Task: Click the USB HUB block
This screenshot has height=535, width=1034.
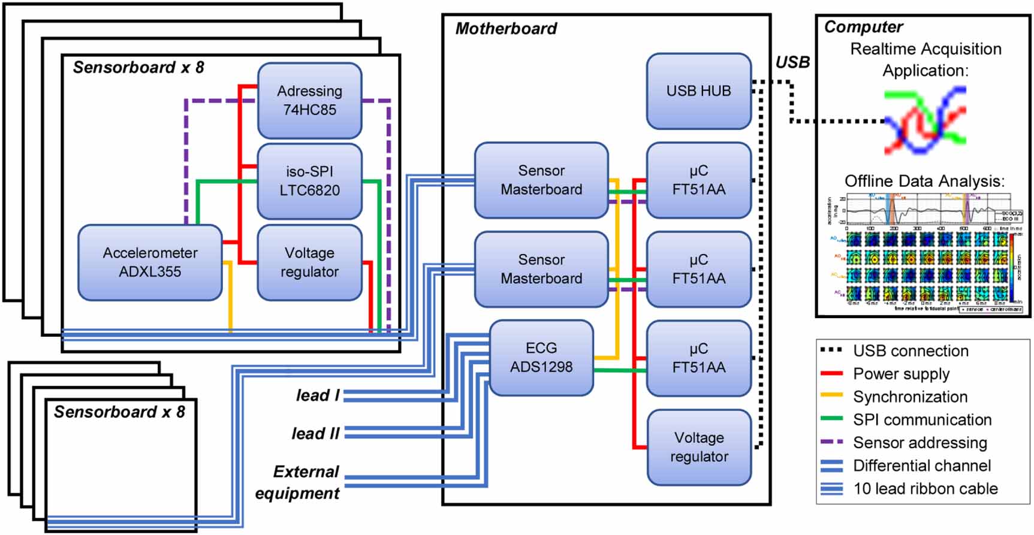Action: pos(698,91)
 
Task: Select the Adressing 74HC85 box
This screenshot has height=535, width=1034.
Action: pos(309,101)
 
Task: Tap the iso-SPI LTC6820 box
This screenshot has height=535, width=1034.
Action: pos(309,181)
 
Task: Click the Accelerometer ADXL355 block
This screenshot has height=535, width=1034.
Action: pos(150,262)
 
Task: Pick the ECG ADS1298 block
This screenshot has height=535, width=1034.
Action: pos(541,358)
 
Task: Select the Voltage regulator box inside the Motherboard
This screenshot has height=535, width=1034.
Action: pos(699,447)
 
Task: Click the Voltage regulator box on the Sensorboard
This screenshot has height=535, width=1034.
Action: pos(309,262)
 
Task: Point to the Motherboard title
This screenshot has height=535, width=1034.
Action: pos(506,29)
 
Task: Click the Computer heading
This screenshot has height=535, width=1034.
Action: pos(863,27)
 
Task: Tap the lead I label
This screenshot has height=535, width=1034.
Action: pos(318,395)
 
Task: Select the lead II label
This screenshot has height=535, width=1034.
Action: pos(315,434)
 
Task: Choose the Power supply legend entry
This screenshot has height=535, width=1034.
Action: pos(901,374)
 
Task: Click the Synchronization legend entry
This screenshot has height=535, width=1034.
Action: pos(910,397)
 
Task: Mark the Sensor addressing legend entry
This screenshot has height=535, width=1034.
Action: pos(920,443)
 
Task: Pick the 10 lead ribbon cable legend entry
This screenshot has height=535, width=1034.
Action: pos(925,489)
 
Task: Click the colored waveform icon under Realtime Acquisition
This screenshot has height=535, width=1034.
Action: pos(925,120)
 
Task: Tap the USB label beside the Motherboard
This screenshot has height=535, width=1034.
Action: pos(792,62)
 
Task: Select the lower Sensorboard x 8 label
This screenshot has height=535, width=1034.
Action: pos(119,412)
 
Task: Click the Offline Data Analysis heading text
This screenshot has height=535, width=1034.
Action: pos(924,181)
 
